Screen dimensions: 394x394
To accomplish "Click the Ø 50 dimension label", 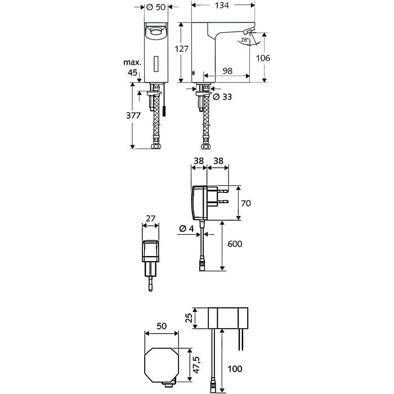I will (155, 7).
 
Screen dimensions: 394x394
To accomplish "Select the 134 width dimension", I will (222, 6).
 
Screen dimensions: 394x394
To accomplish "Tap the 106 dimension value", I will (262, 58).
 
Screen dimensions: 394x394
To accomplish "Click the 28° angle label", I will (244, 41).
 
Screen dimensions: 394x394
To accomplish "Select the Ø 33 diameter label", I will (223, 97).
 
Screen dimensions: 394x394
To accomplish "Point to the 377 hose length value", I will (133, 116).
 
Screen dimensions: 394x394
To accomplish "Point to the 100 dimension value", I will (235, 369).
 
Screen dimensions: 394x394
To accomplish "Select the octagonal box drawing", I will (162, 365).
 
